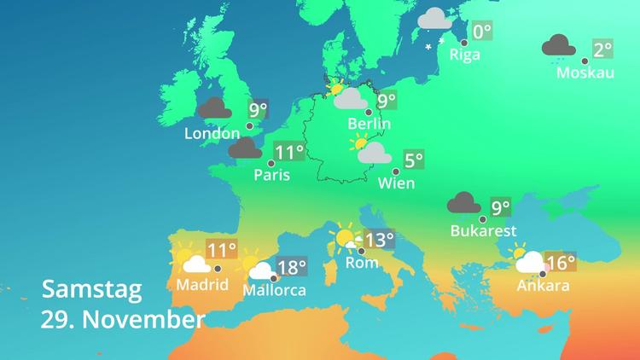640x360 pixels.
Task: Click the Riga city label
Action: click(x=465, y=55)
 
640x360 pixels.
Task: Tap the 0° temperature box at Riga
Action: click(x=482, y=32)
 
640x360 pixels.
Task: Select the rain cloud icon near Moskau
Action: click(x=557, y=47)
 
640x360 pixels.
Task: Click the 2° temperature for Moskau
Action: click(x=603, y=49)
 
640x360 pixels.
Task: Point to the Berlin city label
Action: click(x=369, y=125)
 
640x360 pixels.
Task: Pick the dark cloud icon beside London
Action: click(x=213, y=108)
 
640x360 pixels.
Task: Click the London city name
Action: click(x=212, y=134)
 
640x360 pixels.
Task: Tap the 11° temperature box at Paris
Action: click(x=289, y=153)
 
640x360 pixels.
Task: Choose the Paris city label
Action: click(x=272, y=176)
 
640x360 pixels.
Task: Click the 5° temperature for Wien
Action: click(x=414, y=160)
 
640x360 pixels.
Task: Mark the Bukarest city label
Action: click(x=483, y=230)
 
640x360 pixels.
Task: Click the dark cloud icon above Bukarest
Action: click(x=464, y=203)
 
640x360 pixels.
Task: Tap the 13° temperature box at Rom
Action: click(x=379, y=240)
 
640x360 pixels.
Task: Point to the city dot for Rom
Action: click(x=362, y=251)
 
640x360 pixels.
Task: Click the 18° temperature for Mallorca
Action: click(x=291, y=268)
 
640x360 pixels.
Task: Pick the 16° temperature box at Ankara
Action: click(x=561, y=262)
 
